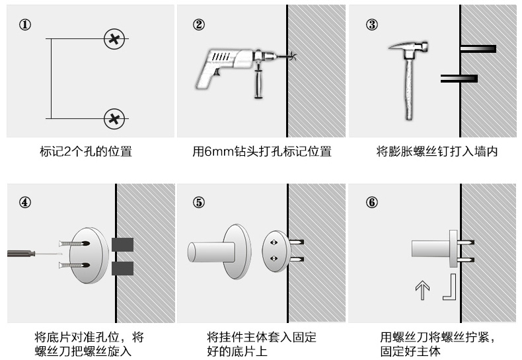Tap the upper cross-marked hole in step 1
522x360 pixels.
point(114,39)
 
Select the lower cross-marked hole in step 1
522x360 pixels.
point(114,119)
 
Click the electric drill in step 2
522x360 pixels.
point(231,66)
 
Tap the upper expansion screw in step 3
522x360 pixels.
point(477,49)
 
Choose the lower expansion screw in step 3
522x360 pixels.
point(459,79)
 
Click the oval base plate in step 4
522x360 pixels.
point(89,255)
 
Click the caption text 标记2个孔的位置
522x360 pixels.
point(86,152)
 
